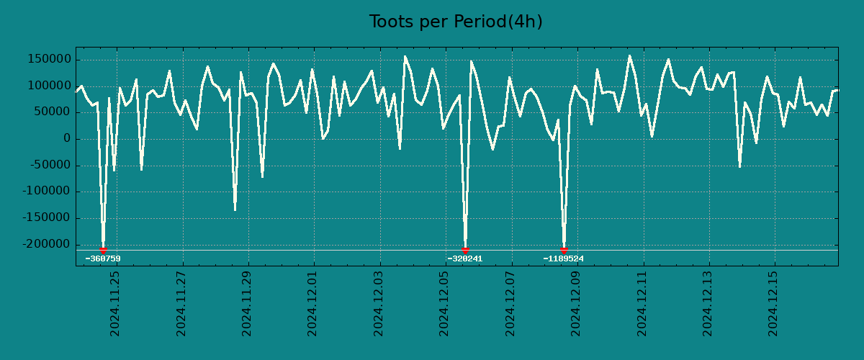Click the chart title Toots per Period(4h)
tap(456, 22)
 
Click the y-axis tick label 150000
tap(50, 59)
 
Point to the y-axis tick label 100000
tap(50, 86)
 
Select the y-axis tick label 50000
tap(53, 112)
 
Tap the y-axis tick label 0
tap(66, 139)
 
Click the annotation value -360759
tap(103, 258)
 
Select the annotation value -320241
tap(465, 258)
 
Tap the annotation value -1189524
tap(564, 258)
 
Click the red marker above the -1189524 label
tap(564, 250)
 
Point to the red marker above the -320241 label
tap(465, 250)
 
